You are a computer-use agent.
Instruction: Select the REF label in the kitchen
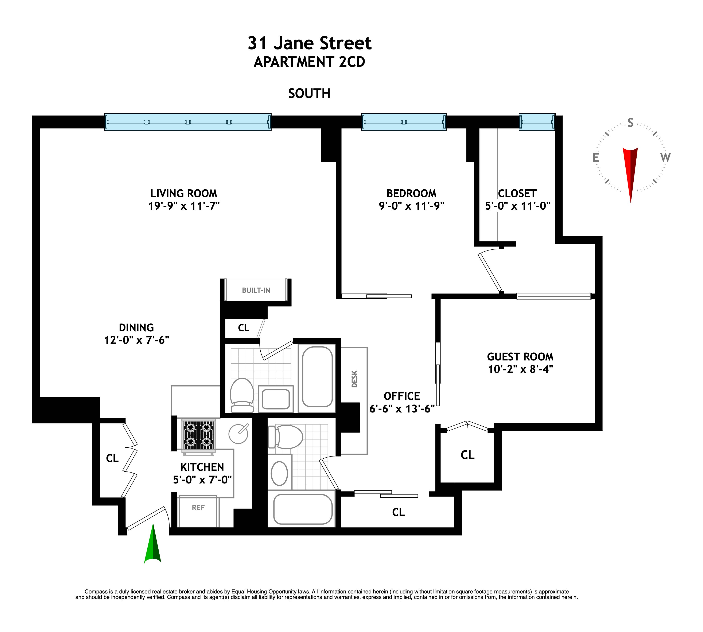tap(198, 508)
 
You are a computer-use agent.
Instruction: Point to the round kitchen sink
tap(238, 433)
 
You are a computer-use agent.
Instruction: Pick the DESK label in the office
tap(354, 379)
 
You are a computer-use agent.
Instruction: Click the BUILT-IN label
tap(256, 290)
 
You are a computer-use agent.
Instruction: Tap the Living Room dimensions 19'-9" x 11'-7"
tap(184, 206)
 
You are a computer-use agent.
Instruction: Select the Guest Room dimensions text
tap(520, 369)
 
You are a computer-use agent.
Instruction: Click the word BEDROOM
tap(411, 193)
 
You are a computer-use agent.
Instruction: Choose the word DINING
tap(136, 327)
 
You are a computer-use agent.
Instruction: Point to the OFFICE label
tap(402, 396)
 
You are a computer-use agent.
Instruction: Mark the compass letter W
tap(665, 158)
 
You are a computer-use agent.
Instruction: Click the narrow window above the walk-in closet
tap(537, 122)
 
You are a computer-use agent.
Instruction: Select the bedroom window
tap(403, 122)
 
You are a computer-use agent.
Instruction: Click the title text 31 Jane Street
tap(309, 43)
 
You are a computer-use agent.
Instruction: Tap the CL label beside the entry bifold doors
tap(112, 458)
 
